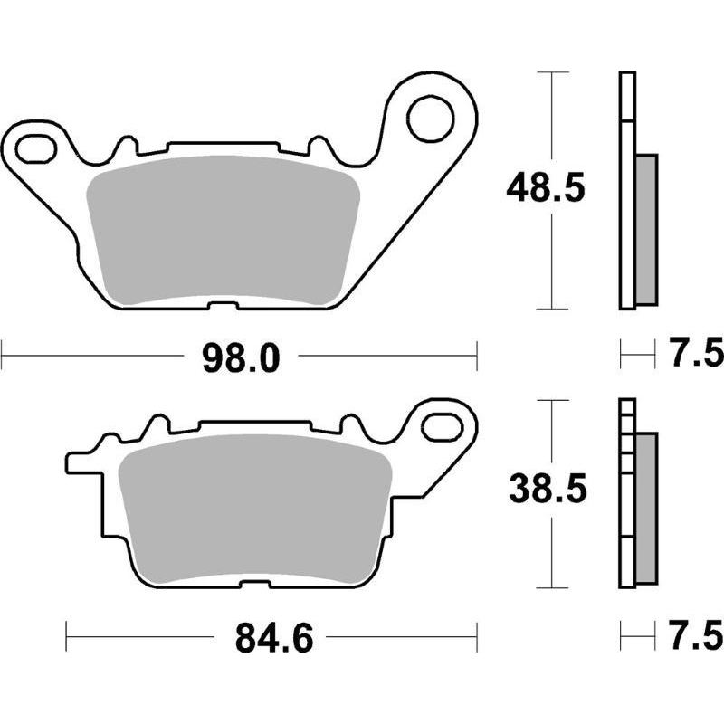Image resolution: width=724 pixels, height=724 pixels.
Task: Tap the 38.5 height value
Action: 547,491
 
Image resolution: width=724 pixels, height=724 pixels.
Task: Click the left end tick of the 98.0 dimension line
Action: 2,356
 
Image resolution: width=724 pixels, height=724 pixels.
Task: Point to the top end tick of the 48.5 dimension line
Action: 551,71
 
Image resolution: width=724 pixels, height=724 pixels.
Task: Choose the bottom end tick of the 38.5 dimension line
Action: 551,585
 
